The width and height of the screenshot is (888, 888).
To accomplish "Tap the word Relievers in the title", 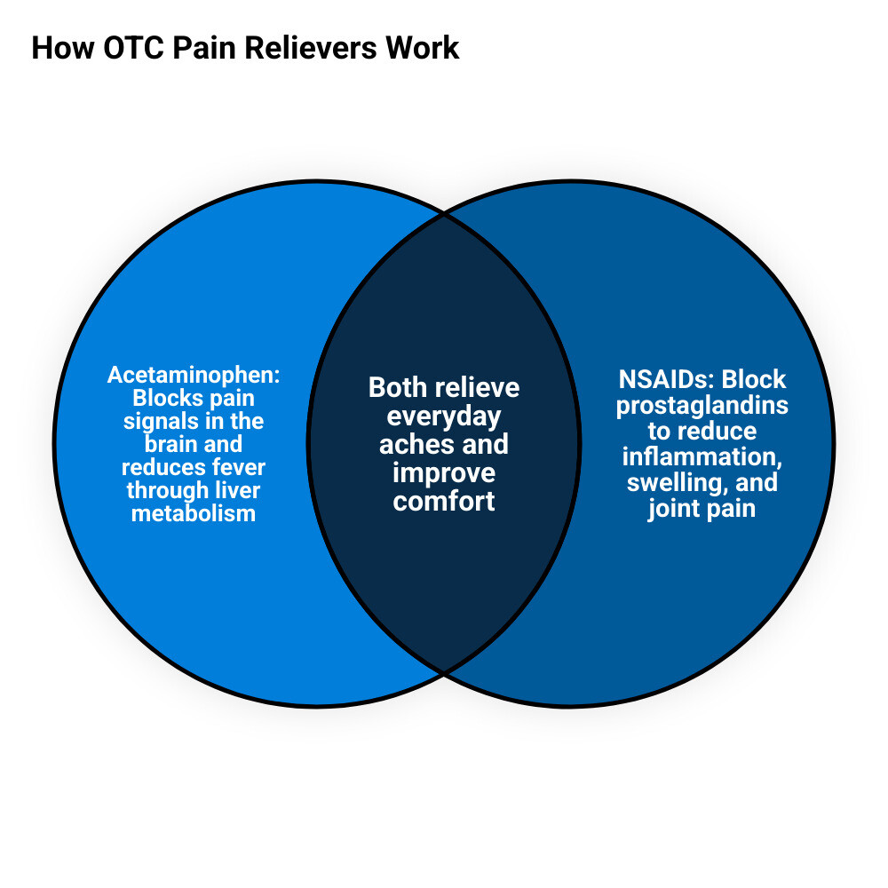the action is (311, 48).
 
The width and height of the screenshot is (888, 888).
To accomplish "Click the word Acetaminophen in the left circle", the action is (191, 375).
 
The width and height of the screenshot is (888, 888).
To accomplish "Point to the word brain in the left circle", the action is (171, 444).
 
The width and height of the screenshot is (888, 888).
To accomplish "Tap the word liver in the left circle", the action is (237, 490).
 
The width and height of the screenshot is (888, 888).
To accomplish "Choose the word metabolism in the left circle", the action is (194, 513).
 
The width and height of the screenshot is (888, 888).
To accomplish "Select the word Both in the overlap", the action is (394, 388).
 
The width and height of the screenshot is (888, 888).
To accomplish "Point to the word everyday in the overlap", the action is (444, 417).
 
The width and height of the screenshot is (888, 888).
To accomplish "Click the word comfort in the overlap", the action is (444, 501).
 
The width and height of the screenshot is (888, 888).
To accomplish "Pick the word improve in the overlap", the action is (444, 474).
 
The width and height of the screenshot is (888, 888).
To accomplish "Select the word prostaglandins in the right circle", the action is (702, 407).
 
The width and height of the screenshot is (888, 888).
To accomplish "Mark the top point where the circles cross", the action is (444, 215).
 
